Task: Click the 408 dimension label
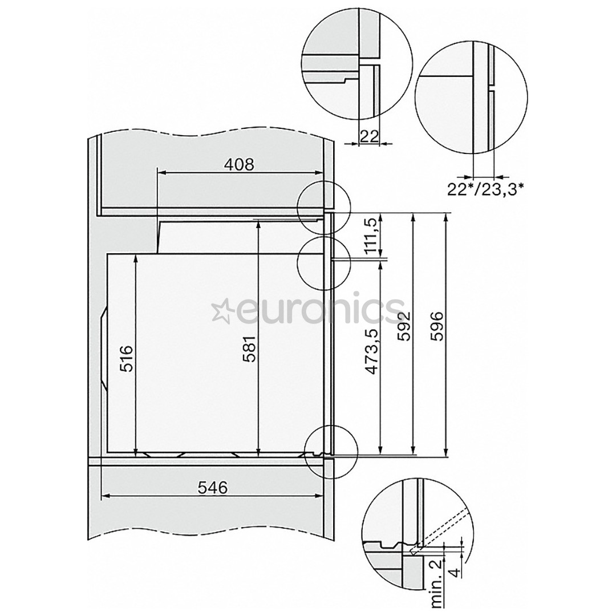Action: pos(238,165)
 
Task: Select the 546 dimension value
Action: pos(212,488)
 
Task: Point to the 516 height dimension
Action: pos(127,358)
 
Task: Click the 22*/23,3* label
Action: pos(485,189)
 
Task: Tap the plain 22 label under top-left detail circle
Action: pos(370,135)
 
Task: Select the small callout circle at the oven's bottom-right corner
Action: pos(331,453)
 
